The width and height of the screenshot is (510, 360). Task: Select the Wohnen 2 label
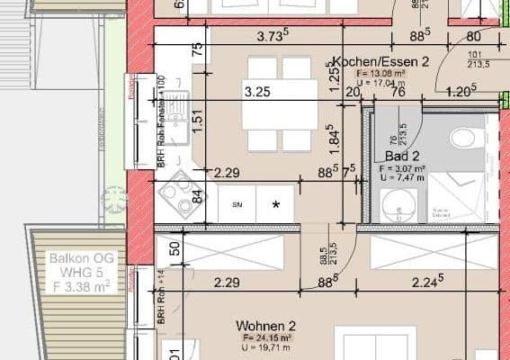(x=266, y=326)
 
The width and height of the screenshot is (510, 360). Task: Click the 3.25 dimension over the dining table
(x=258, y=91)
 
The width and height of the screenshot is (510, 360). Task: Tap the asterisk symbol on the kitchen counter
(x=276, y=205)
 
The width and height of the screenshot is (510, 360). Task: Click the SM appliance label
(x=237, y=205)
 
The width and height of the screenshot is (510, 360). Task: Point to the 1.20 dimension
(x=461, y=91)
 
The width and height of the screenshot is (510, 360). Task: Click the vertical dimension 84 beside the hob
(x=199, y=195)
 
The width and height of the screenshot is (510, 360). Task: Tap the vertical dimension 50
(x=174, y=247)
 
